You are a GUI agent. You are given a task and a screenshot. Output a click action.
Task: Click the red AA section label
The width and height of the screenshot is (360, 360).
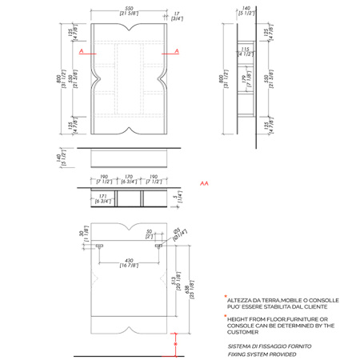coord(205,182)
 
